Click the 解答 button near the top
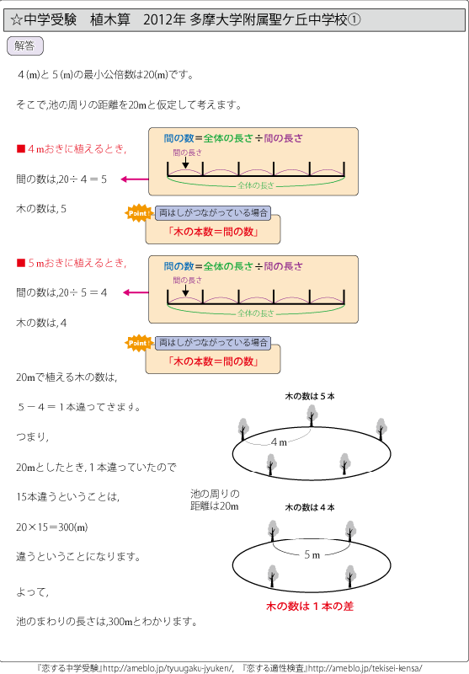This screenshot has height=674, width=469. (25, 46)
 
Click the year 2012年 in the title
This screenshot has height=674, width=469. (164, 19)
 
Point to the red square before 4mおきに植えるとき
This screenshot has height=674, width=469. (20, 149)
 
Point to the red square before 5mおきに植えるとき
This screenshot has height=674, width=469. (20, 263)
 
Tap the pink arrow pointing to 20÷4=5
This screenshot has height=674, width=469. (135, 179)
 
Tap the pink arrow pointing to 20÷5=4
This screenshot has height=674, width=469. (136, 292)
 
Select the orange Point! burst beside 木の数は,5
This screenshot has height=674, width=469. (138, 213)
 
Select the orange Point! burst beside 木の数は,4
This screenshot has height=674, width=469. (138, 343)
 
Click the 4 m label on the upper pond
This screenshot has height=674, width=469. (279, 442)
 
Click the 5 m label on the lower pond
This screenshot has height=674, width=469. (312, 555)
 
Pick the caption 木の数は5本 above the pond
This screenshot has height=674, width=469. (310, 396)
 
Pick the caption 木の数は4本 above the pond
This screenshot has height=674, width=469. (310, 507)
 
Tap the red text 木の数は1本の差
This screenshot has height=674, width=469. (310, 606)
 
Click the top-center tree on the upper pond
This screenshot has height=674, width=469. (312, 415)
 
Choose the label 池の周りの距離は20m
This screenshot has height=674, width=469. (215, 500)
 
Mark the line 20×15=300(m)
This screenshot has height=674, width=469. (52, 527)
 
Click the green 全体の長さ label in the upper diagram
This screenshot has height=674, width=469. (255, 185)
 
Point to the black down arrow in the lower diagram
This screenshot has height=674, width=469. (185, 290)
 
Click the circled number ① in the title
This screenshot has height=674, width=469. (354, 19)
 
